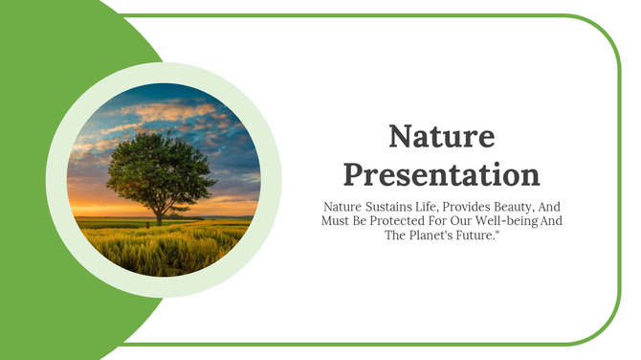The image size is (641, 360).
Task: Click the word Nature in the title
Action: (x=441, y=137)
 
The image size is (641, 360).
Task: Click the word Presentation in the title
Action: (x=441, y=174)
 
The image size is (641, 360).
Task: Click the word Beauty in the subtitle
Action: (x=528, y=206)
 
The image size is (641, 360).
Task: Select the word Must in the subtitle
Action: (x=336, y=221)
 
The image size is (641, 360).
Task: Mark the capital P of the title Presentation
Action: (x=354, y=174)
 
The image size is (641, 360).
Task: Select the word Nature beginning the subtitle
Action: (x=342, y=206)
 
